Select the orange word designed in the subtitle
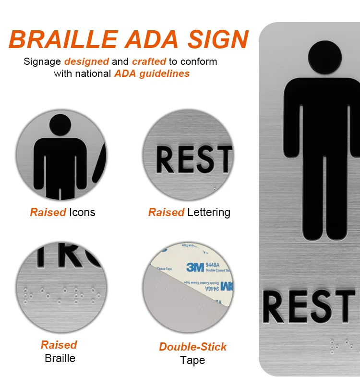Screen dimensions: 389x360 pyautogui.click(x=86, y=61)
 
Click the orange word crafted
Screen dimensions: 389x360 pyautogui.click(x=149, y=61)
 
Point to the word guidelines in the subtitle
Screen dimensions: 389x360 pyautogui.click(x=165, y=73)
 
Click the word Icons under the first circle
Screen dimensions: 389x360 pyautogui.click(x=82, y=212)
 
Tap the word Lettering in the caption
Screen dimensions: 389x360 pyautogui.click(x=209, y=212)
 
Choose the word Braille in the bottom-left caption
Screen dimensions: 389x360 pyautogui.click(x=60, y=358)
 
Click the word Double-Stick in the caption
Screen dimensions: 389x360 pyautogui.click(x=193, y=347)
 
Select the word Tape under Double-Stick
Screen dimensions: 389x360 pyautogui.click(x=192, y=360)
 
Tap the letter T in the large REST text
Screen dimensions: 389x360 pyautogui.click(x=344, y=306)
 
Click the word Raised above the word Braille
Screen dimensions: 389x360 pyautogui.click(x=59, y=345)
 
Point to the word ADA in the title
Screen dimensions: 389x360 pyautogui.click(x=159, y=39)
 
